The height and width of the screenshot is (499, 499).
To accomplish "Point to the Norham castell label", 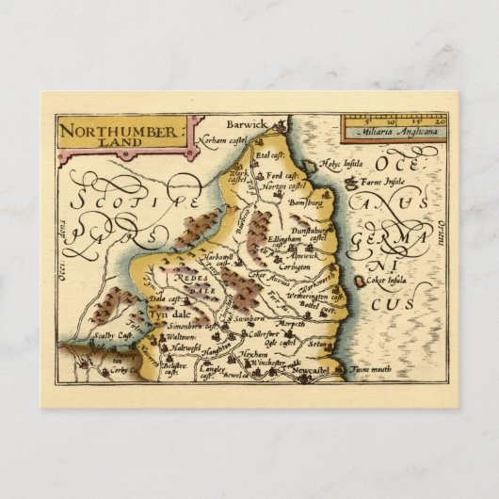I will pos(222,140).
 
